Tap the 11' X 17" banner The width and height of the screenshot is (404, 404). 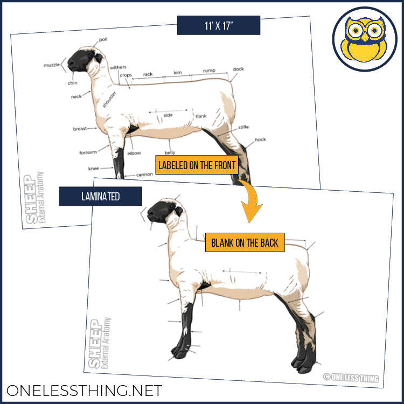(219, 25)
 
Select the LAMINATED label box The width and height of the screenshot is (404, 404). (100, 197)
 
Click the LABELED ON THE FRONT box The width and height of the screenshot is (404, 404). (197, 165)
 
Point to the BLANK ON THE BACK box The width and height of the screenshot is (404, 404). (245, 242)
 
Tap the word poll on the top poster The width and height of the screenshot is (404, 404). (103, 40)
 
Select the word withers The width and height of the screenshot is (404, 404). (118, 68)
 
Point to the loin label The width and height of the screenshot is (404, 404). (177, 72)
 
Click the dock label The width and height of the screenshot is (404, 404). (238, 69)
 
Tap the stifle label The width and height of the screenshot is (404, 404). (243, 128)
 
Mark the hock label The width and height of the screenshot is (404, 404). (261, 140)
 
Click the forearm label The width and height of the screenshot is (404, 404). (88, 152)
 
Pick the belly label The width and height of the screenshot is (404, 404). (170, 153)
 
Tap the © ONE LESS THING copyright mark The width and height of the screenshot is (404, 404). (351, 378)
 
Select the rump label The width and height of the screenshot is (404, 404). (209, 71)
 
